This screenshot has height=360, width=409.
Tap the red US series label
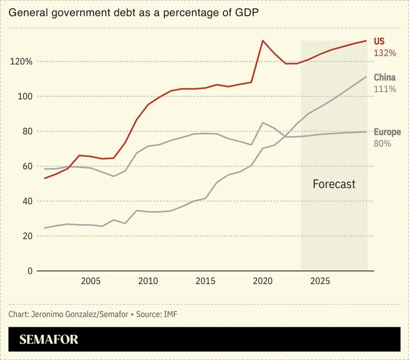[379, 41]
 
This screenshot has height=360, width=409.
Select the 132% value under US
[385, 53]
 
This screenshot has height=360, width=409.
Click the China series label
[384, 78]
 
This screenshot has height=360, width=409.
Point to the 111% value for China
[384, 89]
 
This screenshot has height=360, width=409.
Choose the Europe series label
[388, 132]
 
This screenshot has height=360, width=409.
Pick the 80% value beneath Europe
[382, 144]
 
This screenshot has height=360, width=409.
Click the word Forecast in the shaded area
[334, 184]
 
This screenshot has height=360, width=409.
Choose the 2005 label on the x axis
[90, 281]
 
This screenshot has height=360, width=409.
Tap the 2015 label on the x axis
[205, 281]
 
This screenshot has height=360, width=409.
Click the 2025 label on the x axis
[320, 281]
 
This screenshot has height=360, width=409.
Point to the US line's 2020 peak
[263, 40]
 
